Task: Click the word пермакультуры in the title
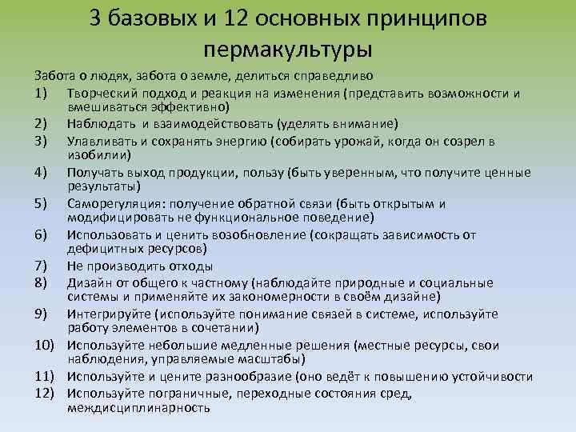(x=287, y=50)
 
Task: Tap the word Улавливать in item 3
(x=101, y=142)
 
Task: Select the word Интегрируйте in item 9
(x=107, y=314)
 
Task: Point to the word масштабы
(x=244, y=359)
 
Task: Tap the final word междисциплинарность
(x=138, y=406)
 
